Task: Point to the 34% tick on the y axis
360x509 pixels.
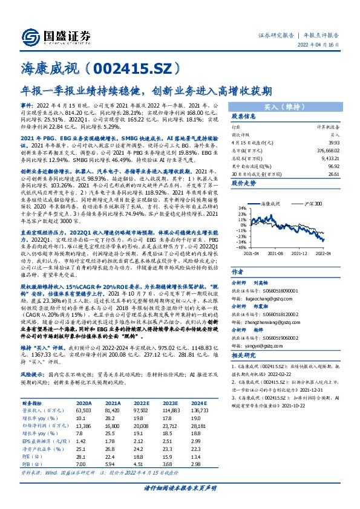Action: [x=241, y=224]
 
